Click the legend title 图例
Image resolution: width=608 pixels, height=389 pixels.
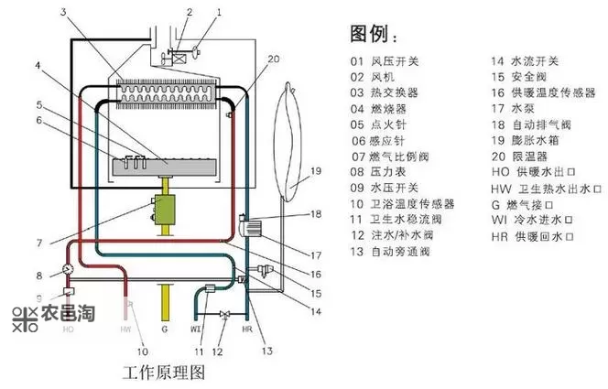pyautogui.click(x=373, y=36)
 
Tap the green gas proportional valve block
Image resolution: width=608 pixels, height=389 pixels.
pyautogui.click(x=166, y=210)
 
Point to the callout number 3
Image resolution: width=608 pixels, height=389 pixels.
pyautogui.click(x=64, y=12)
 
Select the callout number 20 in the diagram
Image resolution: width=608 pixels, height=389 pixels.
pyautogui.click(x=247, y=59)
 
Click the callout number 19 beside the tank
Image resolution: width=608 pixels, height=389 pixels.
pyautogui.click(x=314, y=171)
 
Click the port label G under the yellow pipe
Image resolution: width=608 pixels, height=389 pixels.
pyautogui.click(x=165, y=328)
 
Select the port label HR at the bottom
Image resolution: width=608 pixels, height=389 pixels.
pyautogui.click(x=246, y=328)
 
